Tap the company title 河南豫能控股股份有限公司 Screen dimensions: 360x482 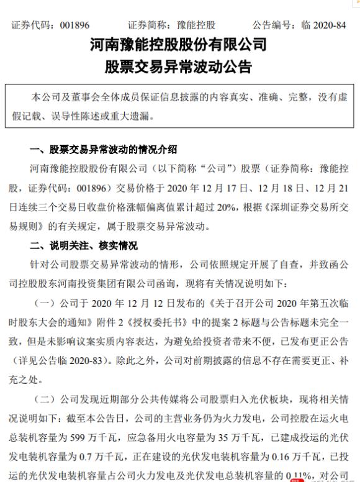[x=180, y=45]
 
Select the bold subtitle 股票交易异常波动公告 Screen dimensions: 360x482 [x=180, y=66]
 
